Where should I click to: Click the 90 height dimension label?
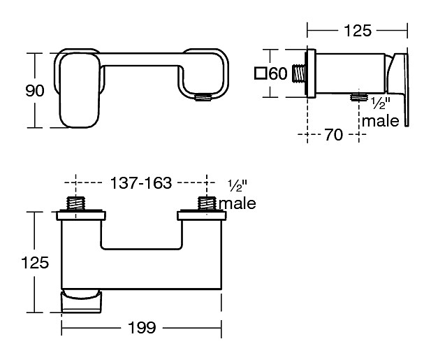click(35, 91)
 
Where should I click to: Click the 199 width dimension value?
click(142, 327)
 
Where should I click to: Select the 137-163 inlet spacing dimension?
click(140, 183)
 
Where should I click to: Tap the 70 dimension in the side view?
click(334, 134)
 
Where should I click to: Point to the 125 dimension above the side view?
click(358, 31)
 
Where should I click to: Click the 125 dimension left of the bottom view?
click(35, 262)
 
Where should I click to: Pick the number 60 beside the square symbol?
click(278, 73)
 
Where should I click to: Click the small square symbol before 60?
click(260, 73)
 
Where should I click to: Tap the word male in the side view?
click(381, 121)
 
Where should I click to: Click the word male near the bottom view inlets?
click(238, 203)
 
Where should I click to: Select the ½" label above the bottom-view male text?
click(238, 186)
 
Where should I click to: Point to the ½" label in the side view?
click(381, 103)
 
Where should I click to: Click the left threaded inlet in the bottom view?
click(75, 203)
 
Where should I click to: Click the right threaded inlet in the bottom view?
click(207, 203)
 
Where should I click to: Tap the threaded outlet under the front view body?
click(203, 97)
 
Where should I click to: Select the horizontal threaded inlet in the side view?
click(299, 73)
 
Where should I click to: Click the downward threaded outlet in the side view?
click(359, 97)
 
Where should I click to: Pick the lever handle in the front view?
click(80, 90)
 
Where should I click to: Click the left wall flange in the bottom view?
click(81, 215)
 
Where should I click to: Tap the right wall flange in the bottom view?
click(202, 215)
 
